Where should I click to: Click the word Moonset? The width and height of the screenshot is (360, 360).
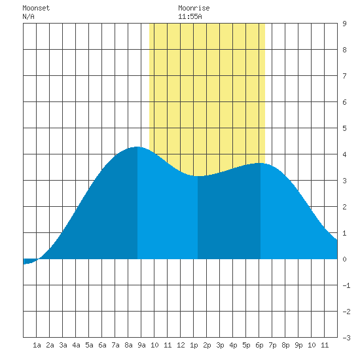(x=36, y=8)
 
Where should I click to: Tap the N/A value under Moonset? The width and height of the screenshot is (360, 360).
(x=28, y=16)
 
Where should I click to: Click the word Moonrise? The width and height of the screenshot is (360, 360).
(x=194, y=8)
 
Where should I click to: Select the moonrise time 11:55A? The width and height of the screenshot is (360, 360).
(x=190, y=16)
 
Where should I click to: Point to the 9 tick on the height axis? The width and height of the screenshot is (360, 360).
(x=344, y=24)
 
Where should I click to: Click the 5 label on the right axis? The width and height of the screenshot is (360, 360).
(x=344, y=128)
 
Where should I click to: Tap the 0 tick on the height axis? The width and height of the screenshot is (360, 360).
(x=344, y=259)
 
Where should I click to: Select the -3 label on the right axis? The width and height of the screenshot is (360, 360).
(x=346, y=338)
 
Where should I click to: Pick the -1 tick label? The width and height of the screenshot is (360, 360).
(x=346, y=285)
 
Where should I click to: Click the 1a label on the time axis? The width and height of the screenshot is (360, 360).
(x=37, y=345)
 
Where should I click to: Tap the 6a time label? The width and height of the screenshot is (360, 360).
(x=102, y=345)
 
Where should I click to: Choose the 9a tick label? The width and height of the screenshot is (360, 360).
(x=141, y=345)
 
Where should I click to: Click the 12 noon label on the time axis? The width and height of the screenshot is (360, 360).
(x=181, y=345)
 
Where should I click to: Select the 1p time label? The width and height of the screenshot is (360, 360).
(x=194, y=345)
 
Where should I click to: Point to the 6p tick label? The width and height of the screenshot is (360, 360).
(x=259, y=345)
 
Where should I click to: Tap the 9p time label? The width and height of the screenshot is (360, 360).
(x=298, y=345)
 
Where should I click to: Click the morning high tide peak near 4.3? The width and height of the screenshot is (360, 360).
(x=137, y=147)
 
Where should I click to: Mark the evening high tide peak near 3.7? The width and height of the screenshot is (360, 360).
(x=261, y=163)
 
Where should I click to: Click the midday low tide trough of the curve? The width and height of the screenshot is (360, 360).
(x=198, y=176)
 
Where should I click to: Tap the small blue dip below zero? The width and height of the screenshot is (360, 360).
(x=29, y=261)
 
